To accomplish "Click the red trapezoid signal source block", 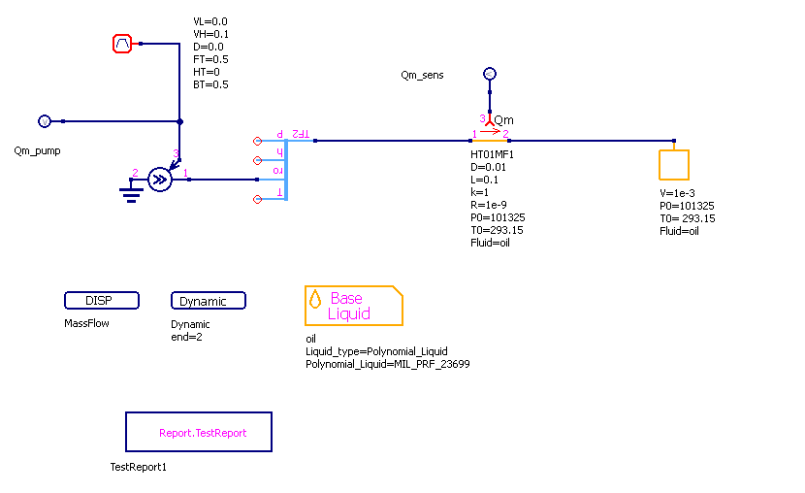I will coord(122,44).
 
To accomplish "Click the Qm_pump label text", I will coord(36,150).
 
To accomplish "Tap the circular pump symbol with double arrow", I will coord(161,180).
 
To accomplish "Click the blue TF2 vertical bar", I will coord(288,166).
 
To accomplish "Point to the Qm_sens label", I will coord(422,75).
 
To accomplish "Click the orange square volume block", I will coord(674,165).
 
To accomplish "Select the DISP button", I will coord(102,301).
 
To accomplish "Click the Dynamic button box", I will coord(208,301).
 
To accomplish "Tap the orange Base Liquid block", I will coord(353,306).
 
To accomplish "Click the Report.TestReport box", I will coord(199,432).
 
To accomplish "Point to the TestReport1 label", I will coord(139,467).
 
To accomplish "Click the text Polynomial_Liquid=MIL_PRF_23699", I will coord(387,364).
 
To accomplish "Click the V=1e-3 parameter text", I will coord(677,193).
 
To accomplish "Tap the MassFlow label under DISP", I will coord(87,323).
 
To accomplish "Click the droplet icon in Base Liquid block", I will coord(315,299).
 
